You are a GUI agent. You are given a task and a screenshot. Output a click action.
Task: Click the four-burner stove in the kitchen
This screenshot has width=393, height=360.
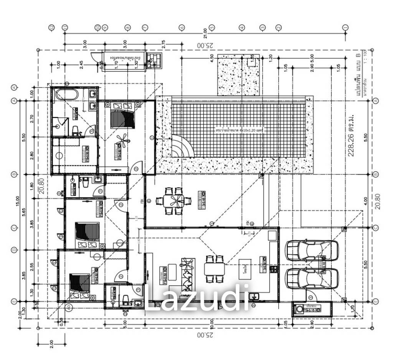pyautogui.click(x=274, y=269)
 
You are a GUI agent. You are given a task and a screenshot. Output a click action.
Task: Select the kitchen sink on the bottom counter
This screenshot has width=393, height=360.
pyautogui.click(x=254, y=296)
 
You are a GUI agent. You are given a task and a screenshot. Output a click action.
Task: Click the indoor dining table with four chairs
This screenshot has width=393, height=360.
pyautogui.click(x=214, y=268)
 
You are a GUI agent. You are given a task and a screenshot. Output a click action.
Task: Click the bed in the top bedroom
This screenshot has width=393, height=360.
pyautogui.click(x=122, y=114)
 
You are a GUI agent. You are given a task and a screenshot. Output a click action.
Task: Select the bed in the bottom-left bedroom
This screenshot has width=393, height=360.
pyautogui.click(x=80, y=286)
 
